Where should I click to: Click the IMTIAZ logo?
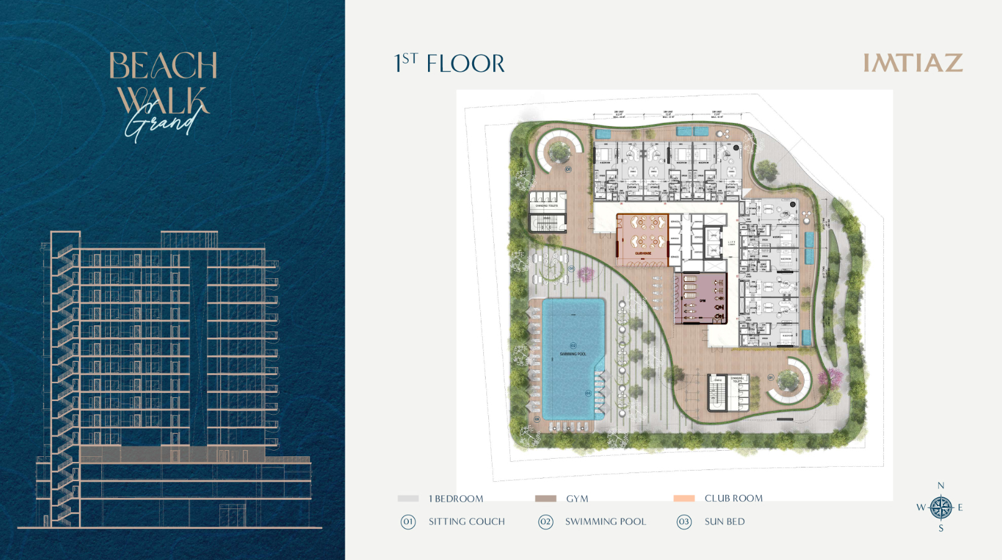[x=913, y=63]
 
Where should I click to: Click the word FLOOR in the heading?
[x=465, y=64]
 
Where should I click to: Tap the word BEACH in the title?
[x=163, y=65]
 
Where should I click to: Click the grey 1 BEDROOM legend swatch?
[x=408, y=499]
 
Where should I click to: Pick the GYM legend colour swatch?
[x=545, y=499]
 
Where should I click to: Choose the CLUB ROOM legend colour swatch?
[x=684, y=499]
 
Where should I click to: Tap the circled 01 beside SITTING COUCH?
[x=408, y=522]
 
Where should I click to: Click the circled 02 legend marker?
[x=545, y=522]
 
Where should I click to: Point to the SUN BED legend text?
[x=724, y=522]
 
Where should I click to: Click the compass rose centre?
[x=941, y=507]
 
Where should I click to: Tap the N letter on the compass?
[x=941, y=485]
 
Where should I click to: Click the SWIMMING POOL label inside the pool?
[x=573, y=354]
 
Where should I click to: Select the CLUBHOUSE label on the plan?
[x=643, y=253]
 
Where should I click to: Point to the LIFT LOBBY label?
[x=732, y=243]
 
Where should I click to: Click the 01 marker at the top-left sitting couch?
[x=568, y=169]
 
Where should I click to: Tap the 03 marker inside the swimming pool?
[x=588, y=393]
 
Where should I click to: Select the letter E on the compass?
[x=960, y=507]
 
